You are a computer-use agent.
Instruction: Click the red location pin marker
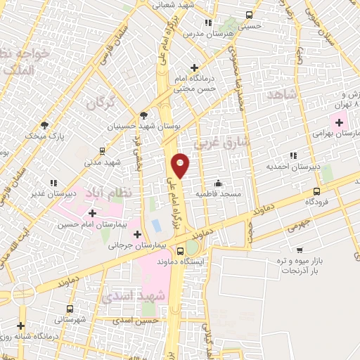(x=181, y=165)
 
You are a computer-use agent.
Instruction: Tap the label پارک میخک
(x=45, y=135)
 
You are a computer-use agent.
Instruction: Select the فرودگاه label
(x=317, y=201)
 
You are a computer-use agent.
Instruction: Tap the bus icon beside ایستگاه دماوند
(x=181, y=251)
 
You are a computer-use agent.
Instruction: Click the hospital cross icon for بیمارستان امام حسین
(x=93, y=212)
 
